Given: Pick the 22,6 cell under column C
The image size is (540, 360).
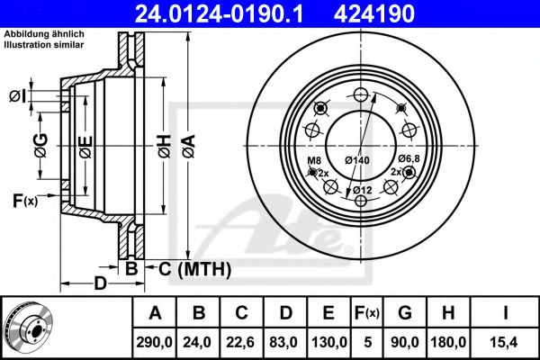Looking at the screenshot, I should [242, 342].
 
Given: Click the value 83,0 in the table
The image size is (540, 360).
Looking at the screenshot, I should [285, 342].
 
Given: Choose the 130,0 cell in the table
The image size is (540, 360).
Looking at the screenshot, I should [330, 342].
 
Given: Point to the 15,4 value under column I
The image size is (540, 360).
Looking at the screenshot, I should [507, 342].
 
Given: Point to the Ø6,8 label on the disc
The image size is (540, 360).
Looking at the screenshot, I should [410, 159].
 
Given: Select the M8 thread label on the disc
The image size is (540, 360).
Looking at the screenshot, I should [314, 161].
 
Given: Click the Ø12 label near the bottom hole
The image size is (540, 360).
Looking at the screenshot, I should [363, 190].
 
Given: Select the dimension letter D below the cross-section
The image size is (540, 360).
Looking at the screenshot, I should [100, 284].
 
